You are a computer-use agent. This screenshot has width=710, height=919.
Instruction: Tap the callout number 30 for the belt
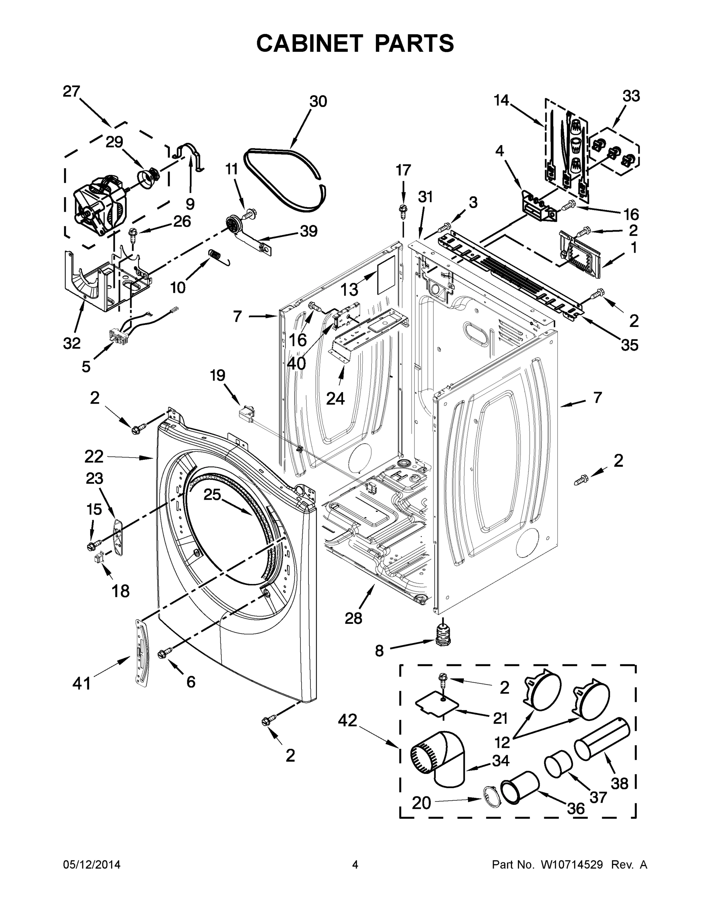(318, 101)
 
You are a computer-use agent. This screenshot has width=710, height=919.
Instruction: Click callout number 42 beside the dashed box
(348, 720)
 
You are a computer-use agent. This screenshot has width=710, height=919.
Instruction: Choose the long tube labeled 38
(602, 739)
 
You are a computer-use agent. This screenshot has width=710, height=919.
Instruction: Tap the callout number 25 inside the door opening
(212, 495)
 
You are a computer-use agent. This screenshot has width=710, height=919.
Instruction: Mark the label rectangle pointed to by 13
(386, 276)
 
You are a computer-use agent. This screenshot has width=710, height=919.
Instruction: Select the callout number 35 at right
(629, 345)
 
